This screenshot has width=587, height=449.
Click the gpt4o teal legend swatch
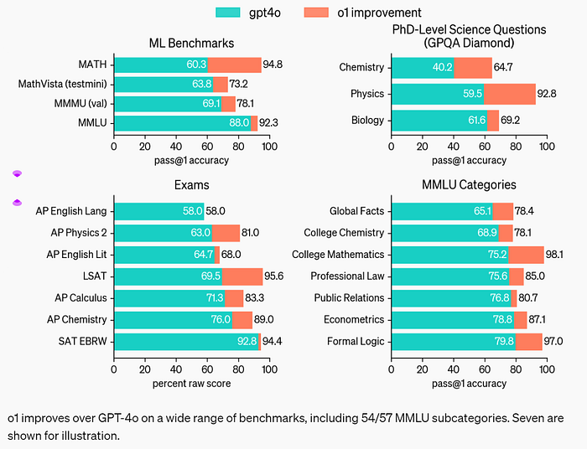point(227,13)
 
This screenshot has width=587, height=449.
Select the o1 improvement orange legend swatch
point(316,13)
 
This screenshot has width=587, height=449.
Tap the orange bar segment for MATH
point(234,65)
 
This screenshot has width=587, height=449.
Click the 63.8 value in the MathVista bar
point(202,84)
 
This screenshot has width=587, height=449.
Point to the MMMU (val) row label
point(81,103)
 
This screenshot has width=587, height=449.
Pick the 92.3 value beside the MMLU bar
point(268,122)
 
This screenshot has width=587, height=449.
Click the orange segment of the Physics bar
point(510,94)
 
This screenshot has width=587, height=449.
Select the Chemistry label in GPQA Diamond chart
point(361,67)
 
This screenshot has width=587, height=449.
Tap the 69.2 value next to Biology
point(510,120)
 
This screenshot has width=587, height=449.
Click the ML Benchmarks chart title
point(192,43)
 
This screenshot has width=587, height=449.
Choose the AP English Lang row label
point(71,211)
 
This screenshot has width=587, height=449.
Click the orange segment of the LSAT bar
point(242,276)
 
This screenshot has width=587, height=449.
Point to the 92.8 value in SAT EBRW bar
point(247,341)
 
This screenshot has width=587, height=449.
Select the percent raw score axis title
point(192,384)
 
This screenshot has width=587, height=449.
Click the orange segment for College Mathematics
point(526,255)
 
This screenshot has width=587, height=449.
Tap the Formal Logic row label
point(356,341)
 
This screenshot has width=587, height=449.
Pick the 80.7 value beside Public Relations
point(528,298)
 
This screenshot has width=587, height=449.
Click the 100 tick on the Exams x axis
point(269,369)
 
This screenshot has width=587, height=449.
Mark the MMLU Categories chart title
point(469,184)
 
